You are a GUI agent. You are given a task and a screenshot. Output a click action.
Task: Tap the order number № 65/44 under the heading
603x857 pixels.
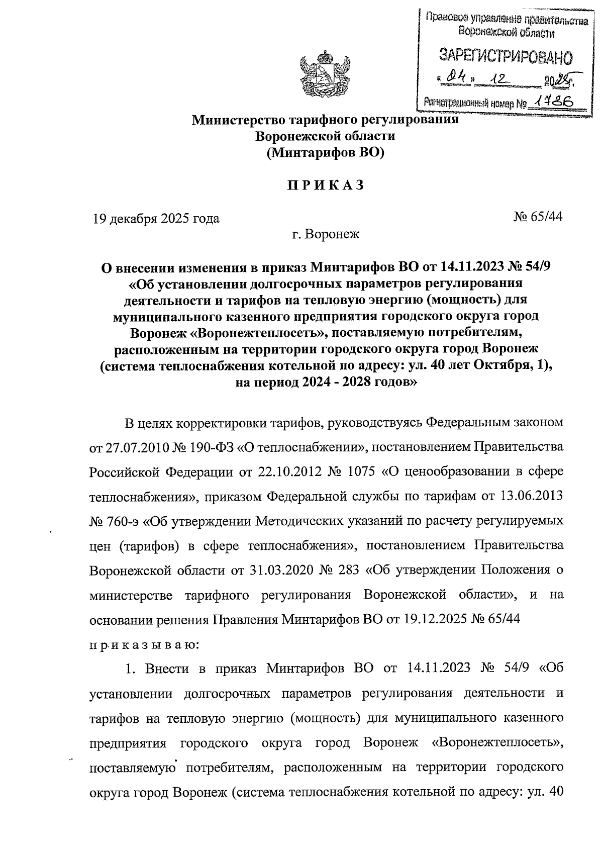537,217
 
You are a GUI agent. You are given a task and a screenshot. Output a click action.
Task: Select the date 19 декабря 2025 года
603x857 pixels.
155,219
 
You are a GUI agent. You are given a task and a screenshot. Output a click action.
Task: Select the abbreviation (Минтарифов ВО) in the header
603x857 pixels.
325,152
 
